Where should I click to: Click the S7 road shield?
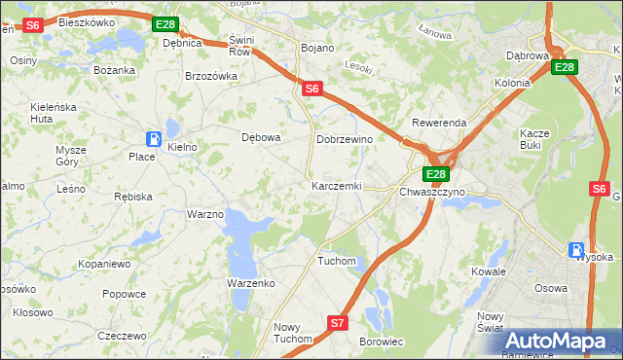(x=337, y=322)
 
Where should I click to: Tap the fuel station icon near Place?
(x=154, y=139)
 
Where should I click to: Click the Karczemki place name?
(x=337, y=186)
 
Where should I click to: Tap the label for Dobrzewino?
(x=345, y=139)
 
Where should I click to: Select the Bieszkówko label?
(x=87, y=21)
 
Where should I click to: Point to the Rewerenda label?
(x=439, y=124)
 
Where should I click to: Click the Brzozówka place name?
(x=211, y=76)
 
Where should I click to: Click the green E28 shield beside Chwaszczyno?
(x=435, y=174)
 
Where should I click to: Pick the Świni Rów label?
(x=239, y=45)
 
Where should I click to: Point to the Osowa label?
(x=552, y=288)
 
